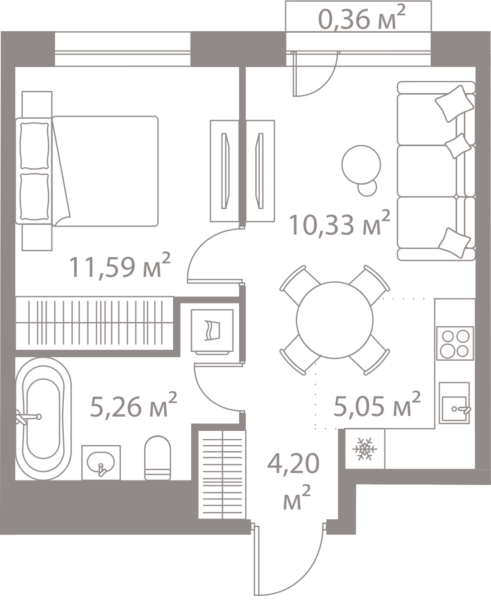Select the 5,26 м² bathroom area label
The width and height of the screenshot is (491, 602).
(133, 406)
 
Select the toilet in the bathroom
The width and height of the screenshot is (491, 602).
(157, 457)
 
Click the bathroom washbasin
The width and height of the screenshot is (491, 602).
(101, 462)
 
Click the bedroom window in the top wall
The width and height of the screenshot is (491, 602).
(122, 49)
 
